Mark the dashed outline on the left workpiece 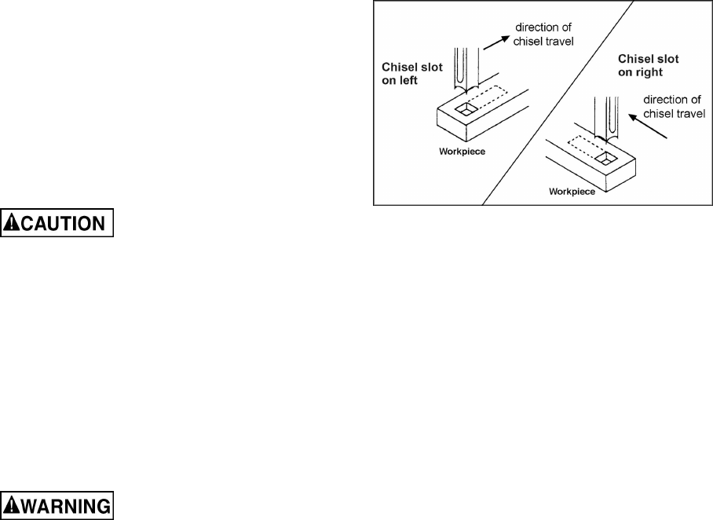(498, 100)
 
